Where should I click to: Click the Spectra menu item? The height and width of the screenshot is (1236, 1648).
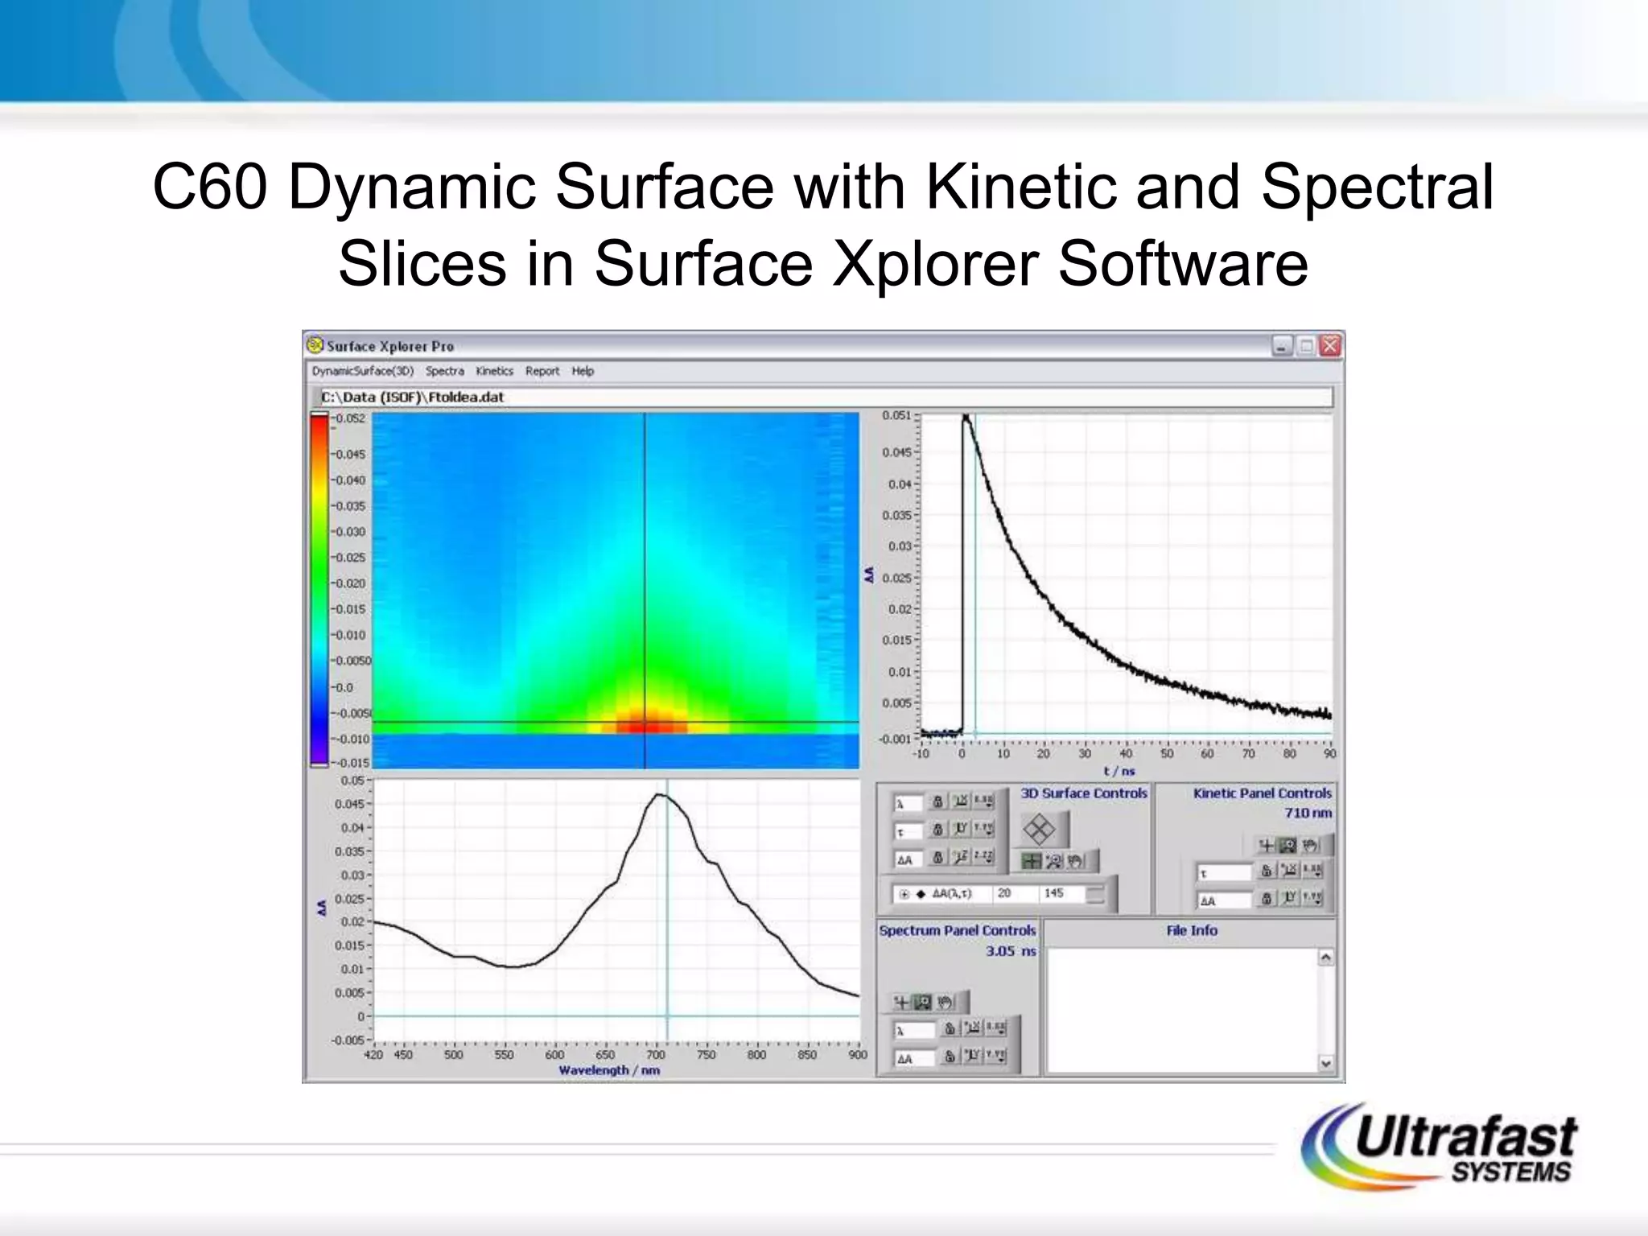tap(444, 371)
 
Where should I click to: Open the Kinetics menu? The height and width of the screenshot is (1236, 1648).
tap(494, 371)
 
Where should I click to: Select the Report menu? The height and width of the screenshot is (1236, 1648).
tap(542, 371)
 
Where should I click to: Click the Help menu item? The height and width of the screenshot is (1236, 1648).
tap(583, 371)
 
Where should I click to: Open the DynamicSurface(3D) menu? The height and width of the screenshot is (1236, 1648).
tap(363, 371)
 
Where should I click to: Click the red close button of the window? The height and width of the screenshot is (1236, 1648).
tap(1330, 346)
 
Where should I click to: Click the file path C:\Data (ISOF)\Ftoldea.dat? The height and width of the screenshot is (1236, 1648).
tap(413, 397)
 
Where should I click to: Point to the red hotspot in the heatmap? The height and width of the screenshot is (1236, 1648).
tap(645, 723)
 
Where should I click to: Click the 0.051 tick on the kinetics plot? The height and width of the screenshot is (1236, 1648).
tap(896, 415)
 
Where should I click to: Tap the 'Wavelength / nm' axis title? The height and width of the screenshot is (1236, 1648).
tap(609, 1070)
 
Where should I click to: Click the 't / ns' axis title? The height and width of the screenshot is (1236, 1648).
tap(1119, 771)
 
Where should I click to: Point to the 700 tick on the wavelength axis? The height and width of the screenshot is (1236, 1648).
tap(656, 1055)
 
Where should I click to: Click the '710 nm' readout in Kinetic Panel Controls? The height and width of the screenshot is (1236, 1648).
tap(1308, 813)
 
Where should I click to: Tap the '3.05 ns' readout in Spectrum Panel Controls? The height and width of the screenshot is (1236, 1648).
tap(1011, 951)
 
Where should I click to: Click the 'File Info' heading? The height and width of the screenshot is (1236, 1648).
tap(1191, 930)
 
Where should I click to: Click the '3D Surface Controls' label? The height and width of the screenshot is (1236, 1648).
tap(1083, 793)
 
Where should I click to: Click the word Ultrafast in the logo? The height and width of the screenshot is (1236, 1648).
tap(1465, 1136)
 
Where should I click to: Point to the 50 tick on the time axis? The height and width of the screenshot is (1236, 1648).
tap(1166, 754)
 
